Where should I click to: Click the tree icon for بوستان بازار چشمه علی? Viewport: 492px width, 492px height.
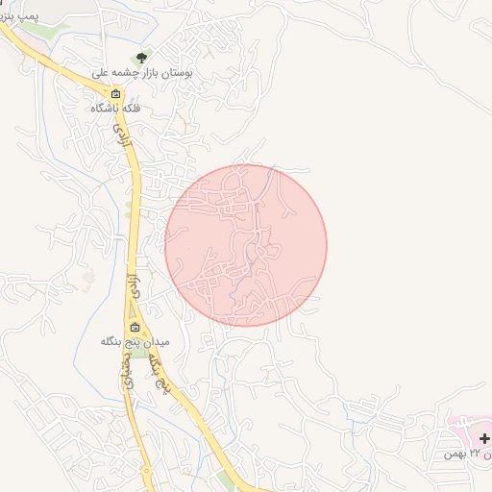143,58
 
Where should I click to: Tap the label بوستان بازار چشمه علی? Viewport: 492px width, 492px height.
143,73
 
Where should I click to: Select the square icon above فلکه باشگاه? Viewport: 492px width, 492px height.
116,94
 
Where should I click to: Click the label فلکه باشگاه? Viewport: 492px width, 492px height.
115,109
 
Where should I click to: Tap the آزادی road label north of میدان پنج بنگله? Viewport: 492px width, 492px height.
133,284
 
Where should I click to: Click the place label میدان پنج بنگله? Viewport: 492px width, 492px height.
135,341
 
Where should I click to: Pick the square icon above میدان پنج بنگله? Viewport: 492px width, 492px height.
135,327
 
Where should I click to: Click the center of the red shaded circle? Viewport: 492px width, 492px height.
246,245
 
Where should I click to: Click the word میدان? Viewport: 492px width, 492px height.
156,341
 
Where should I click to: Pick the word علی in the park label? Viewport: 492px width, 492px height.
100,73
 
